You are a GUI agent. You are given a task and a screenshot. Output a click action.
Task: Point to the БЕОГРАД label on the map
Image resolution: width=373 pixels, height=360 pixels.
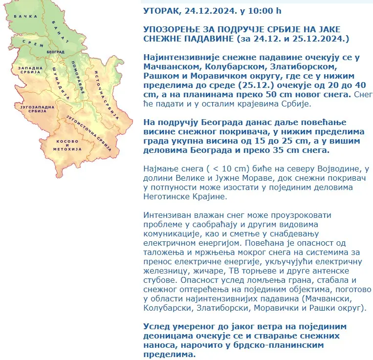[56, 51]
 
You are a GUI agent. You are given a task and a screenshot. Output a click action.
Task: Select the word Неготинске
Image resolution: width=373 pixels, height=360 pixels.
[168, 197]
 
